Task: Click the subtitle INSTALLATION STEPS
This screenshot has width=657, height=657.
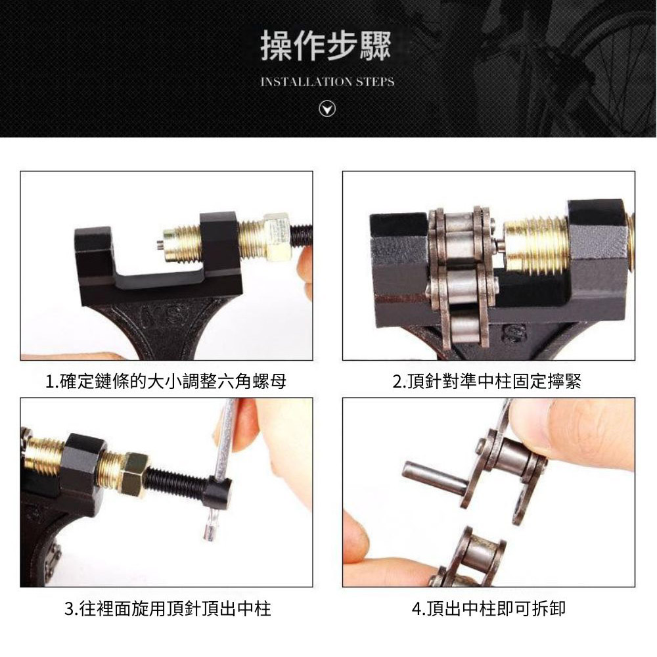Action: coord(327,82)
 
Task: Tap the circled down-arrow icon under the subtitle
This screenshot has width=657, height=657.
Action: coord(327,110)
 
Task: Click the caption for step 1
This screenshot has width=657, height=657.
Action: coord(166,382)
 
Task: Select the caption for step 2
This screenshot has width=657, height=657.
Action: coord(487,382)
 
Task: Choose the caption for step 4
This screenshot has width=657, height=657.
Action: coord(488,609)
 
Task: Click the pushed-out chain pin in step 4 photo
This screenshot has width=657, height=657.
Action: coord(434,478)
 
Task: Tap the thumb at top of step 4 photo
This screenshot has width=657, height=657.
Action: coord(578,434)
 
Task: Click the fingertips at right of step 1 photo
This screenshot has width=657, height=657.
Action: coord(306,269)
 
